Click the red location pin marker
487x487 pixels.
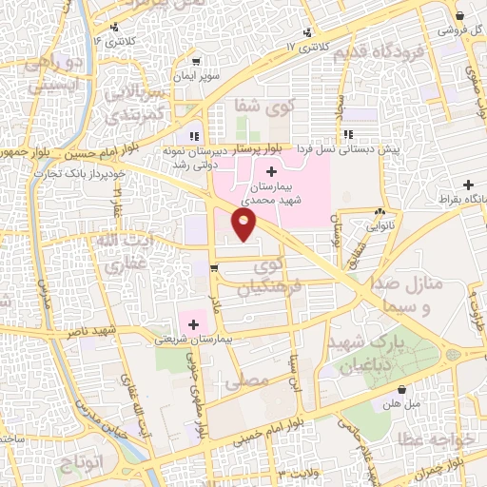(244, 224)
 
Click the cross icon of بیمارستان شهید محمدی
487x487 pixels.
(272, 172)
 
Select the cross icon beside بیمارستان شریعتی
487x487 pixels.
(193, 325)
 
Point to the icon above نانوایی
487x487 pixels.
(380, 212)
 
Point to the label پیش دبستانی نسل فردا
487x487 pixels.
(347, 148)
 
